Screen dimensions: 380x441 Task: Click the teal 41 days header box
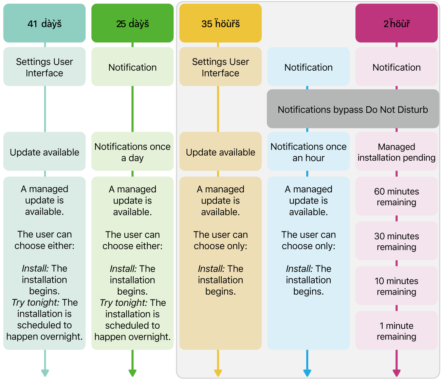tap(44, 23)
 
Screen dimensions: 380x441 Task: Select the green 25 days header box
tap(132, 23)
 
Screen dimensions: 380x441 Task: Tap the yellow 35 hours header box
tap(220, 23)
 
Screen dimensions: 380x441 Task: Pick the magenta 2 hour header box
tap(397, 23)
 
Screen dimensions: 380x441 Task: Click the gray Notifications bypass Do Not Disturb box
tap(353, 109)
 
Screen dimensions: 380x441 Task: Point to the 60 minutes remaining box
tap(397, 196)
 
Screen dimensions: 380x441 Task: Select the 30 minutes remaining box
tap(397, 241)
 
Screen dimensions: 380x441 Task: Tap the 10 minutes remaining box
tap(397, 286)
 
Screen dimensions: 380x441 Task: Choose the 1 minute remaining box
tap(397, 330)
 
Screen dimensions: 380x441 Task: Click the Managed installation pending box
tap(397, 152)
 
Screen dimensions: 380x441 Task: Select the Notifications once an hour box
tap(308, 152)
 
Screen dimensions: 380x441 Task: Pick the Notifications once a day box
tap(132, 152)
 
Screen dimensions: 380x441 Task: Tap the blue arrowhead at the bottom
tap(307, 373)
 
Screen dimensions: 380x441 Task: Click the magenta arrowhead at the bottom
tap(397, 373)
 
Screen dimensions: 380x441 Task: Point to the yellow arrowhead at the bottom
tap(218, 373)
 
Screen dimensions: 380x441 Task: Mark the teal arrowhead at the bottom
tap(45, 373)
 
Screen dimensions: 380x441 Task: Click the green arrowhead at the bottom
tap(132, 373)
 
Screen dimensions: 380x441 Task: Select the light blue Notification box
tap(308, 67)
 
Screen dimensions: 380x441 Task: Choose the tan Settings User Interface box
tap(220, 67)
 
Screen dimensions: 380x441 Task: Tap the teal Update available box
tap(44, 152)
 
